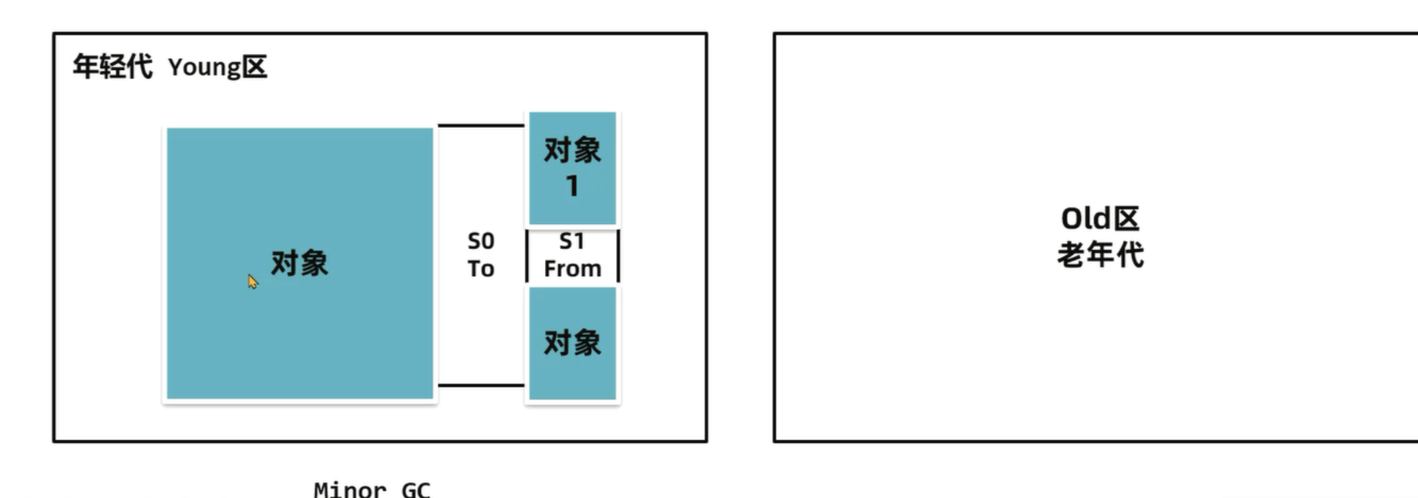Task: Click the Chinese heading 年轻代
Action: pos(112,67)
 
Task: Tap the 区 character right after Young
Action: pos(254,67)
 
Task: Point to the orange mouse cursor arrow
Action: pos(252,281)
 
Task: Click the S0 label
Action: pos(480,241)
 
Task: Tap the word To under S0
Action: pos(480,269)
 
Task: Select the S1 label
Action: pos(571,241)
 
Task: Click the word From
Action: pos(572,269)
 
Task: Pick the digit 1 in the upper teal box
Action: pos(572,186)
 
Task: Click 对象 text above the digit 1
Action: pos(572,150)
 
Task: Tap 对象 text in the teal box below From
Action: pos(572,343)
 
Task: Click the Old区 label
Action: pos(1100,219)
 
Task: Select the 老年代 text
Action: pos(1100,255)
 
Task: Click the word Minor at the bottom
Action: pos(350,489)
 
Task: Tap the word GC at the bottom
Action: pos(416,489)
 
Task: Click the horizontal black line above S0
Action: pos(481,125)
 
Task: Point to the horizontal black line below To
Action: pos(481,385)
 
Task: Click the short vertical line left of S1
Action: pos(527,256)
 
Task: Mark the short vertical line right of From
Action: pos(618,256)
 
